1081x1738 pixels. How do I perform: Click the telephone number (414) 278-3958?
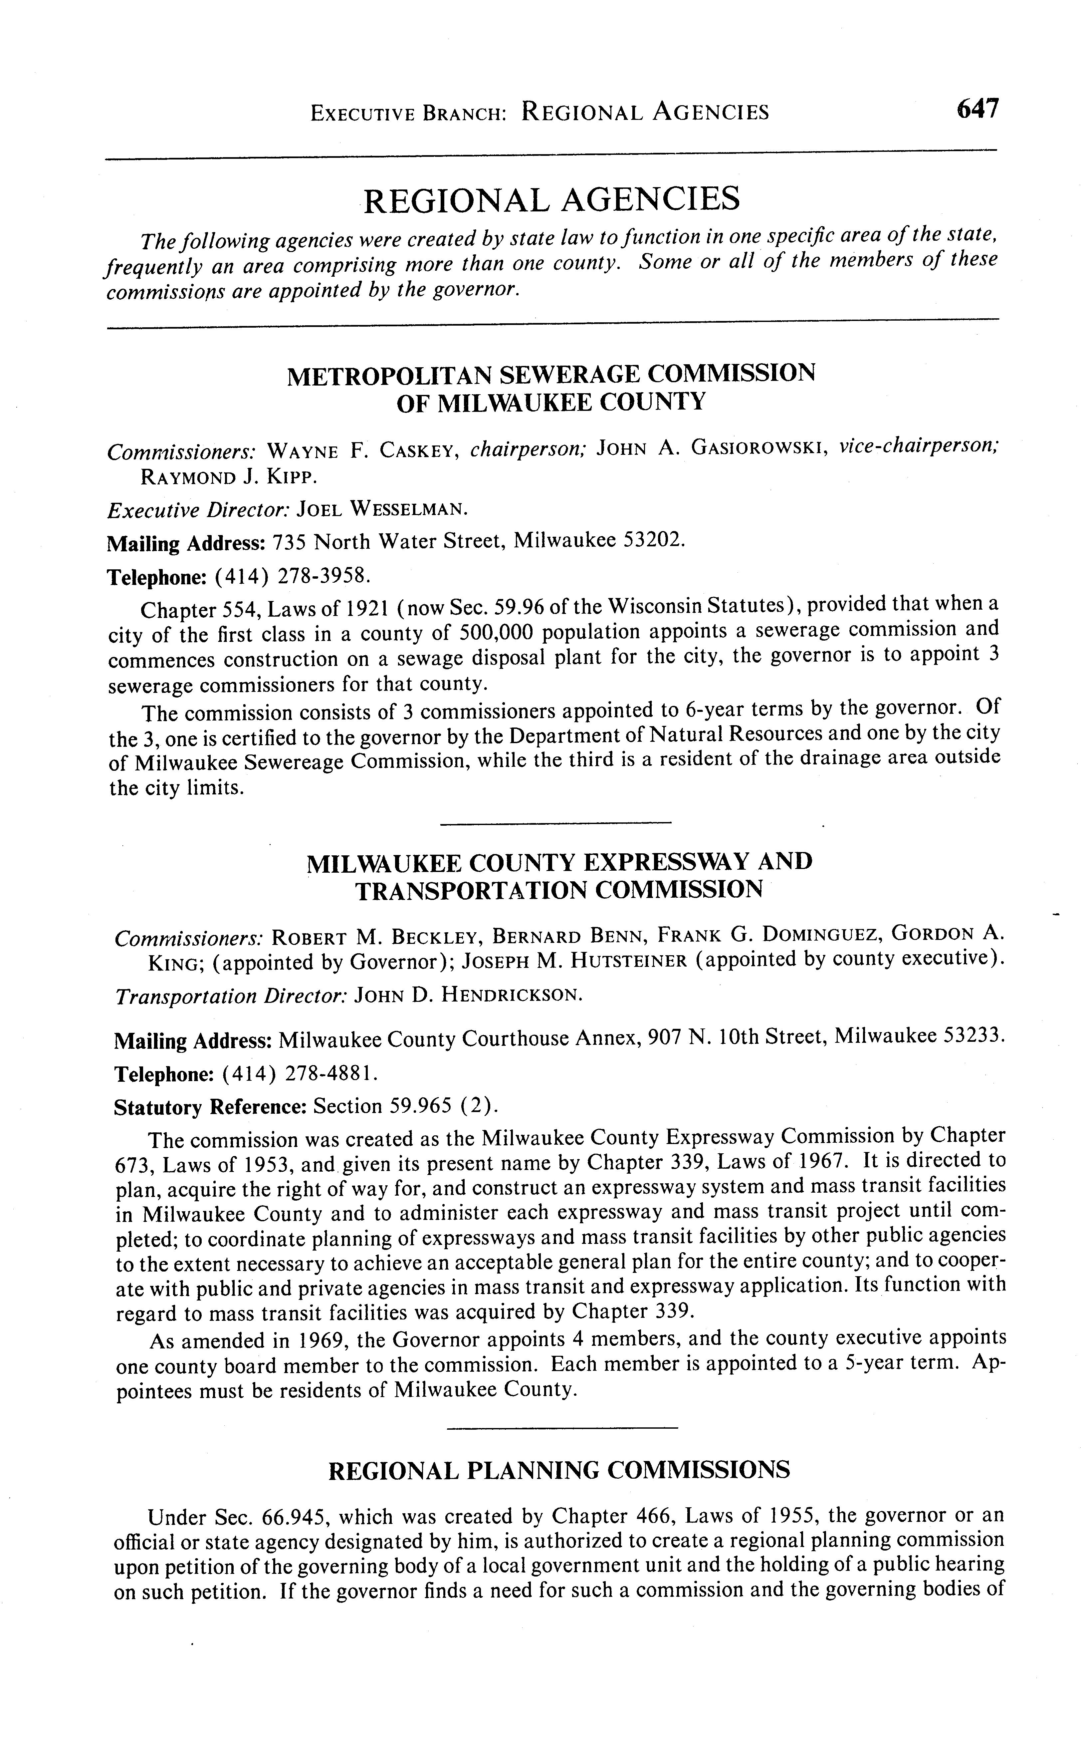(293, 575)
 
